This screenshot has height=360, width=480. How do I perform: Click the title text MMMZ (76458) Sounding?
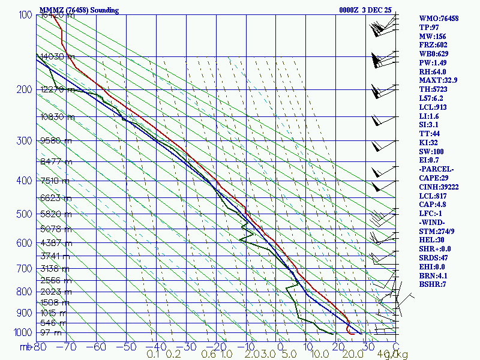(x=79, y=10)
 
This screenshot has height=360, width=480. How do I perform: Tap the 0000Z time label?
(x=349, y=10)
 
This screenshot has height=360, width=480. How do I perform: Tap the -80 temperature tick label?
(x=40, y=346)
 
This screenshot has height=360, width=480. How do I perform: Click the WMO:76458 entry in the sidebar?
(x=439, y=19)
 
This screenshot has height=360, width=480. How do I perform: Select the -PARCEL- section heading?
(x=436, y=170)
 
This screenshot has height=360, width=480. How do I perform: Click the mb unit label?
(x=26, y=346)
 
